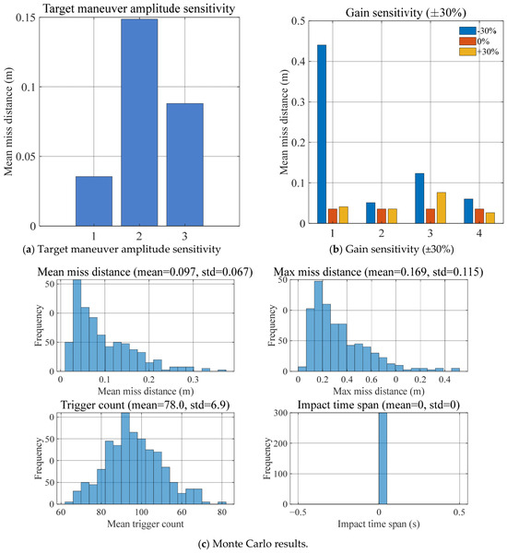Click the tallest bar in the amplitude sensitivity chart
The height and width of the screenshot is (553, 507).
pos(139,123)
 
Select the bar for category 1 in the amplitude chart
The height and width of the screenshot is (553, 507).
pos(94,201)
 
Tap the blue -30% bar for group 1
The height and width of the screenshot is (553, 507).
pos(322,134)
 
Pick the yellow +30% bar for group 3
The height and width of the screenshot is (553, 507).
pos(441,207)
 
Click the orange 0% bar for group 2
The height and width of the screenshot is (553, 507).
pos(382,216)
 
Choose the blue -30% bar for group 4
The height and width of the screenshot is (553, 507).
pos(468,211)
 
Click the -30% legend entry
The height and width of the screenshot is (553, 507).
pos(478,30)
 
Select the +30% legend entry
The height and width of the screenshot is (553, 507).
pos(478,52)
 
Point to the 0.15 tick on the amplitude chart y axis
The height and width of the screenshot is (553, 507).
pos(26,18)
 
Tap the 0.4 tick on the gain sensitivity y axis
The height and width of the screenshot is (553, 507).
pos(298,62)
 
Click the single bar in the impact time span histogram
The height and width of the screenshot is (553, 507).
pos(383,458)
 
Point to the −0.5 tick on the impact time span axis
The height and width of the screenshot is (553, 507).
pos(298,512)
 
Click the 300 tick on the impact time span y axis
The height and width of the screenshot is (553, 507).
pos(280,413)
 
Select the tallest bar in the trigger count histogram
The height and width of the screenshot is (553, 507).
pos(125,458)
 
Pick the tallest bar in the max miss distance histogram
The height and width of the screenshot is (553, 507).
pos(318,326)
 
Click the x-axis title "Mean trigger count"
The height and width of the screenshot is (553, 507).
pos(146,524)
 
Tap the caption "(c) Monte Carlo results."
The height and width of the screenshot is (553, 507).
pos(253,544)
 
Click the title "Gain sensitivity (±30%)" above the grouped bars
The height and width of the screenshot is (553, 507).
pos(406,13)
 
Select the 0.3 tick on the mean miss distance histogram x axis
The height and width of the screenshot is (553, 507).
pos(193,380)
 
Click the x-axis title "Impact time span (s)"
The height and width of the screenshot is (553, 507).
pos(379,524)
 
